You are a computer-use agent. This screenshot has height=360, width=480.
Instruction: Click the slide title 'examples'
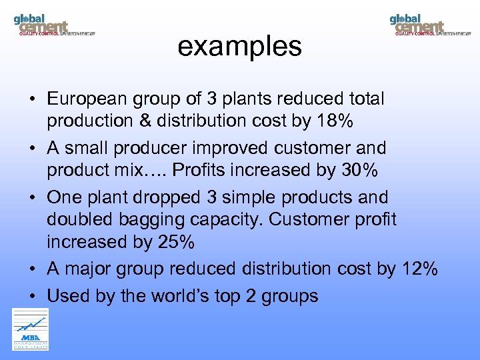[239, 47]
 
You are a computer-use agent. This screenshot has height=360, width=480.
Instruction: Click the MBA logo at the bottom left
[31, 329]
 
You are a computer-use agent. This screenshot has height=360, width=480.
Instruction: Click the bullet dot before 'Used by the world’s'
[32, 296]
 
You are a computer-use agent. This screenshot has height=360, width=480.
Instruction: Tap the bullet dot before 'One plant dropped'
[32, 198]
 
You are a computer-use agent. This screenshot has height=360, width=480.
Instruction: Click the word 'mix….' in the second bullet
[145, 171]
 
